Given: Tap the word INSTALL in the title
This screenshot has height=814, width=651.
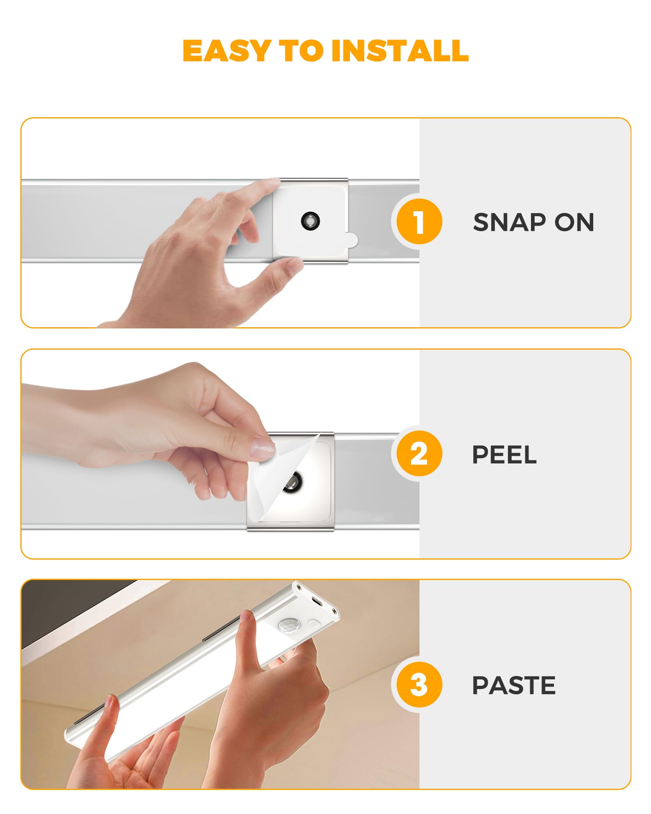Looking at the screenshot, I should click(x=400, y=51).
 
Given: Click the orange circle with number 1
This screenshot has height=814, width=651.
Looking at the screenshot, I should click(x=419, y=222).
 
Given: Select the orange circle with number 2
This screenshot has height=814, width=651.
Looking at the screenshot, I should click(x=419, y=453).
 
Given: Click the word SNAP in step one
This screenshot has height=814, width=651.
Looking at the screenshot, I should click(x=509, y=223).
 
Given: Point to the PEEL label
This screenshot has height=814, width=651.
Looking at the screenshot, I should click(x=504, y=455).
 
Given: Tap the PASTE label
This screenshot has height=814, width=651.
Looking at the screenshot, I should click(x=513, y=685).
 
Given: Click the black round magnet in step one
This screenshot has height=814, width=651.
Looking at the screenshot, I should click(x=310, y=221).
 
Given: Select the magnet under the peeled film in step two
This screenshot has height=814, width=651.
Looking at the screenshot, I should click(x=293, y=482).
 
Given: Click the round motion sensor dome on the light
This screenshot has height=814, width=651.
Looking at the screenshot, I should click(x=289, y=626).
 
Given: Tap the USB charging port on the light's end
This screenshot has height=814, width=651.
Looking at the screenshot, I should click(x=317, y=602).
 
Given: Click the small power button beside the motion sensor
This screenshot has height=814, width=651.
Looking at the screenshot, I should click(x=313, y=623).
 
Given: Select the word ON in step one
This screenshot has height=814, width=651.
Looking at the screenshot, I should click(x=574, y=223).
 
